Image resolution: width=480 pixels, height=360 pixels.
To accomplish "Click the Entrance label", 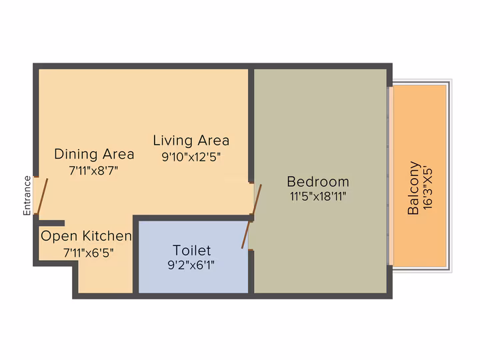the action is pyautogui.click(x=27, y=195).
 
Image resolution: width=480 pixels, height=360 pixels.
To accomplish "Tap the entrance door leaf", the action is pyautogui.click(x=42, y=196).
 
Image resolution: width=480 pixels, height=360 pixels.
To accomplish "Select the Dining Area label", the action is pyautogui.click(x=94, y=154).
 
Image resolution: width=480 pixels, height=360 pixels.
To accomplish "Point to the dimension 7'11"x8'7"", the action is pyautogui.click(x=93, y=171).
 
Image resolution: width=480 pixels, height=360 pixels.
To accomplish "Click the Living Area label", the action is pyautogui.click(x=191, y=141).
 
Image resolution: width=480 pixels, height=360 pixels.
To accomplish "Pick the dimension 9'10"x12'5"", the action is pyautogui.click(x=191, y=157).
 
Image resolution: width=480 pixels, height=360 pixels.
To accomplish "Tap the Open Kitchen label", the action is pyautogui.click(x=86, y=236).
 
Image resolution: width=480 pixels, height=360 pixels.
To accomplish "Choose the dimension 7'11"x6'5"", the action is pyautogui.click(x=89, y=253).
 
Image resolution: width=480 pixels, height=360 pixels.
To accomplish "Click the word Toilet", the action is pyautogui.click(x=191, y=251).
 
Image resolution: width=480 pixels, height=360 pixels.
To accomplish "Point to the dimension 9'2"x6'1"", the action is pyautogui.click(x=191, y=265).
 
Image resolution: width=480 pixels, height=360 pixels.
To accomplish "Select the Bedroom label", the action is pyautogui.click(x=318, y=182).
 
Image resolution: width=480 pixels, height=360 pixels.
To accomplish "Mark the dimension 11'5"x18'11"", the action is pyautogui.click(x=318, y=196).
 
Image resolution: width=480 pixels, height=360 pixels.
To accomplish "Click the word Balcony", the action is pyautogui.click(x=413, y=187).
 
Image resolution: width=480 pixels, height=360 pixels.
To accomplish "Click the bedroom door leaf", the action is pyautogui.click(x=257, y=199).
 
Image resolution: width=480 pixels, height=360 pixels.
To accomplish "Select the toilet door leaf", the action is pyautogui.click(x=246, y=235).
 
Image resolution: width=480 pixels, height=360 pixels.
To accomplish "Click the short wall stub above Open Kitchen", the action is pyautogui.click(x=51, y=223).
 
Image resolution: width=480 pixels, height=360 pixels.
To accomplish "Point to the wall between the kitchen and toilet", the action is pyautogui.click(x=135, y=257).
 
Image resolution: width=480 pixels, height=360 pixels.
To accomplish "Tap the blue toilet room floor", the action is pyautogui.click(x=193, y=257).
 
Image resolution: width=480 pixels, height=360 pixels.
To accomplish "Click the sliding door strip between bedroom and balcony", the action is pyautogui.click(x=390, y=176).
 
